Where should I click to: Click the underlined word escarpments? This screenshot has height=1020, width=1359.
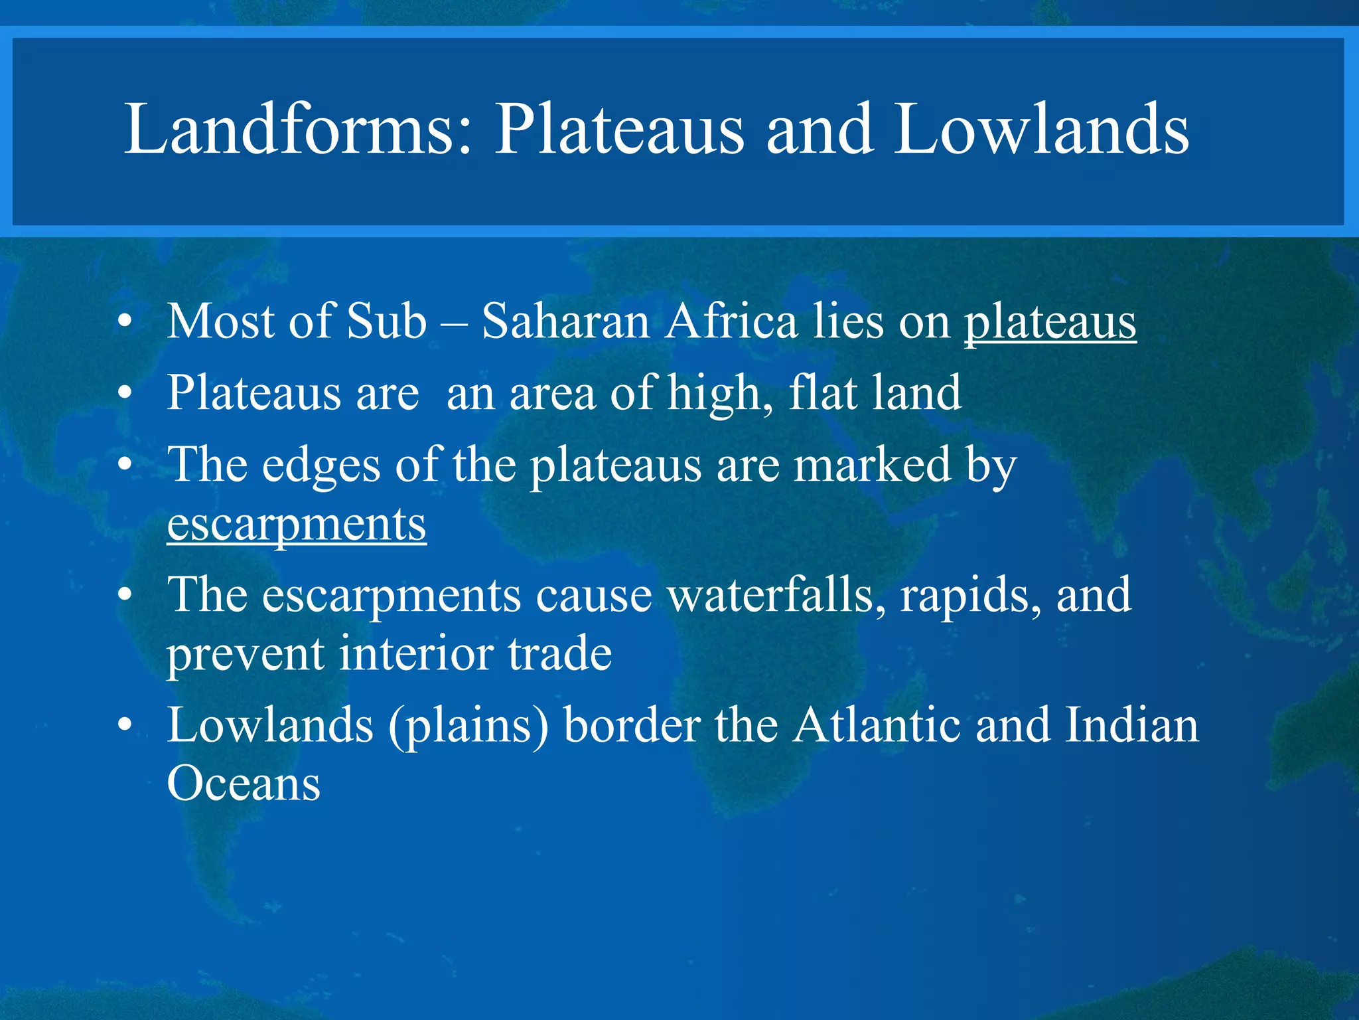click(297, 525)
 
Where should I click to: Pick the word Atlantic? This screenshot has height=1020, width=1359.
click(877, 724)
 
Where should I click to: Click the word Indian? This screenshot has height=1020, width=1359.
click(1132, 724)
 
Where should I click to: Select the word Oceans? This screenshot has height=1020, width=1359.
click(244, 784)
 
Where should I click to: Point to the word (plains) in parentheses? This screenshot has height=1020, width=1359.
click(468, 726)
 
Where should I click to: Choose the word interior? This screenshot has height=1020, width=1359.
click(416, 653)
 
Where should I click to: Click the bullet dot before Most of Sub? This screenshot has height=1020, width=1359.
click(124, 323)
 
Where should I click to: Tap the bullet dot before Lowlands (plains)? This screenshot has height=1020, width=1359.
click(124, 726)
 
